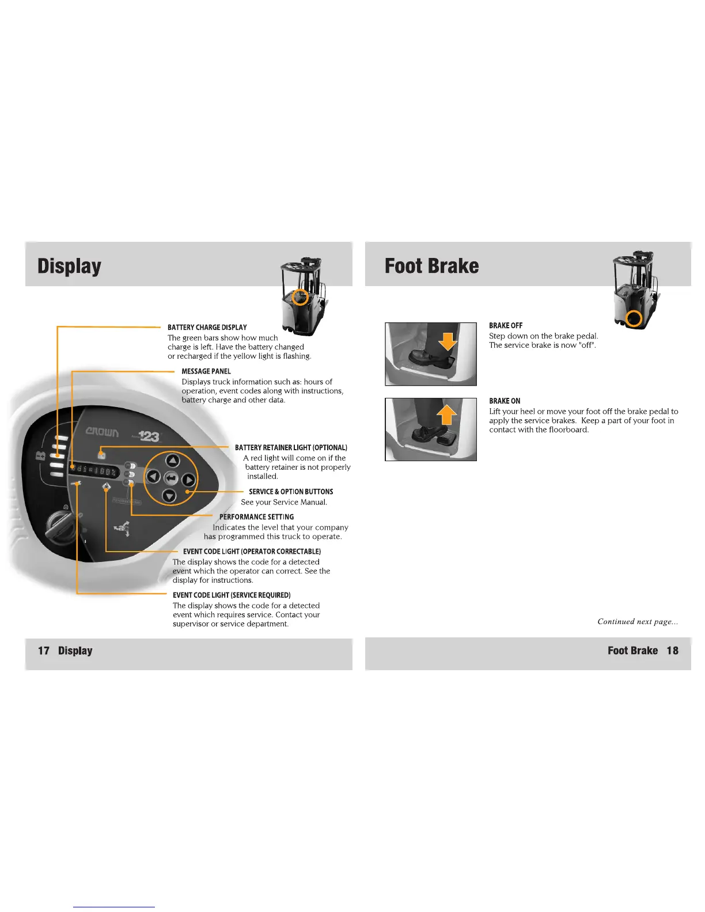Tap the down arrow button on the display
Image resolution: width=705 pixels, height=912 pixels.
pyautogui.click(x=169, y=495)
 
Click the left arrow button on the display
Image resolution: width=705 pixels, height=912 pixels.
pyautogui.click(x=153, y=476)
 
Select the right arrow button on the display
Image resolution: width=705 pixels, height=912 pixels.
pyautogui.click(x=189, y=480)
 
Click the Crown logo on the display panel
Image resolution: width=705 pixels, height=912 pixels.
pyautogui.click(x=103, y=432)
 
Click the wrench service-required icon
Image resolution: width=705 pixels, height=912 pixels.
pyautogui.click(x=77, y=484)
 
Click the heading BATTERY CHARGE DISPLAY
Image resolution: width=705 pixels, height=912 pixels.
pyautogui.click(x=207, y=327)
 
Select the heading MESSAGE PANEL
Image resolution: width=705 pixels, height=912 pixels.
pyautogui.click(x=206, y=371)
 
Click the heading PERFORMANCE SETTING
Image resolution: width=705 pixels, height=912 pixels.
pyautogui.click(x=256, y=517)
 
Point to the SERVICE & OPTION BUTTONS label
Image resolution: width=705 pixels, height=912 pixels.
pyautogui.click(x=291, y=492)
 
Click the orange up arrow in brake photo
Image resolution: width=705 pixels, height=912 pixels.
pyautogui.click(x=446, y=415)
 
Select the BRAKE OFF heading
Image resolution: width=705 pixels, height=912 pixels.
pyautogui.click(x=506, y=325)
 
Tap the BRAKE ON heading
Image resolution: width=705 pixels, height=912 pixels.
pyautogui.click(x=505, y=401)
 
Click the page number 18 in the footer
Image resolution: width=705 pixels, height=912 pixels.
pyautogui.click(x=672, y=651)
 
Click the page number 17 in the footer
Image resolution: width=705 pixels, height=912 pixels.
pyautogui.click(x=44, y=651)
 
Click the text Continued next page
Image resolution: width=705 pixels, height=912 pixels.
pyautogui.click(x=637, y=621)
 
